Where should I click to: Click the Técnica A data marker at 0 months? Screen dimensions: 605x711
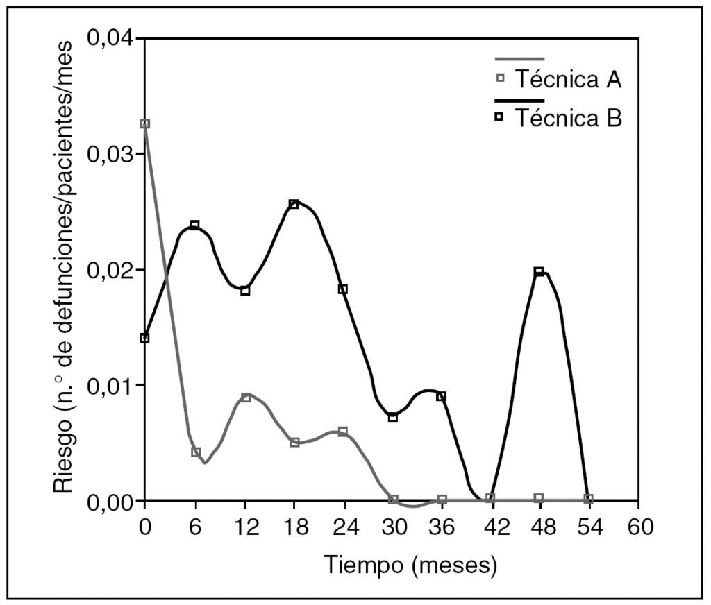(x=144, y=123)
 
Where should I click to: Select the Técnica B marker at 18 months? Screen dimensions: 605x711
(x=294, y=204)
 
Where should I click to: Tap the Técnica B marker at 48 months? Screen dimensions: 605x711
(x=539, y=271)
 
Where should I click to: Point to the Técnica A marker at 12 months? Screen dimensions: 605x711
(x=245, y=398)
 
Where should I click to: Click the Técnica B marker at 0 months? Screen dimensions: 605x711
(x=144, y=338)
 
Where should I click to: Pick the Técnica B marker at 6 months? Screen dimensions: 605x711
(x=194, y=225)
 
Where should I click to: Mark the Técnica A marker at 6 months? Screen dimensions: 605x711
(x=196, y=452)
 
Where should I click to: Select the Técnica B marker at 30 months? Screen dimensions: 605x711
(x=393, y=417)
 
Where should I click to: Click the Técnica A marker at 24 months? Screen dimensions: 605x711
(x=343, y=432)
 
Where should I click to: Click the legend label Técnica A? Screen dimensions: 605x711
(x=567, y=80)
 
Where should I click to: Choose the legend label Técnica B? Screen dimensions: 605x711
(x=567, y=119)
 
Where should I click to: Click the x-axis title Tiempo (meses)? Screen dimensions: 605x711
(x=411, y=565)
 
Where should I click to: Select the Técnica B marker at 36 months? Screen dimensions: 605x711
(x=441, y=396)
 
